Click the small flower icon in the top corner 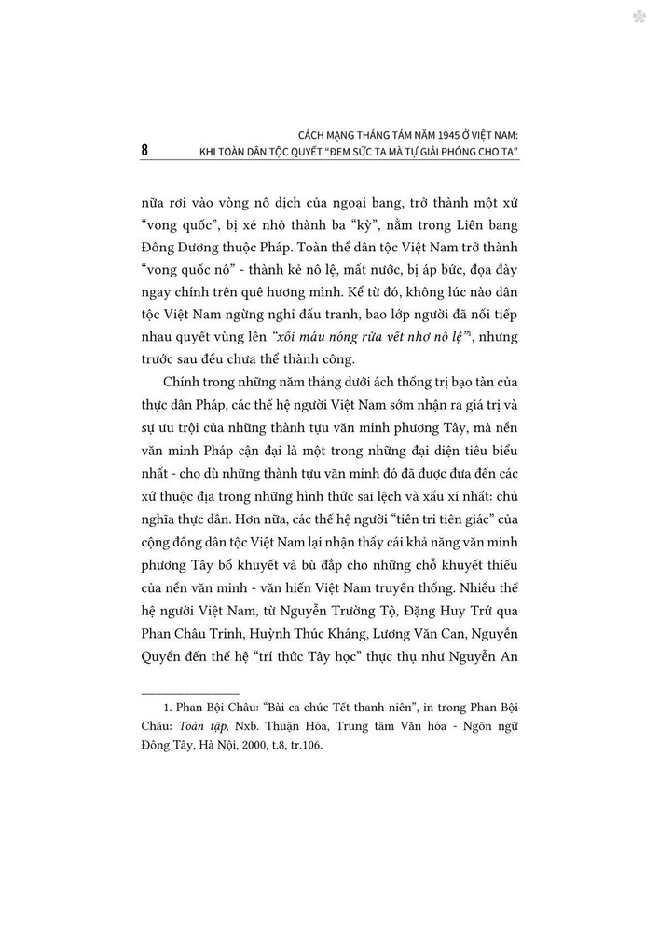(x=638, y=17)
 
